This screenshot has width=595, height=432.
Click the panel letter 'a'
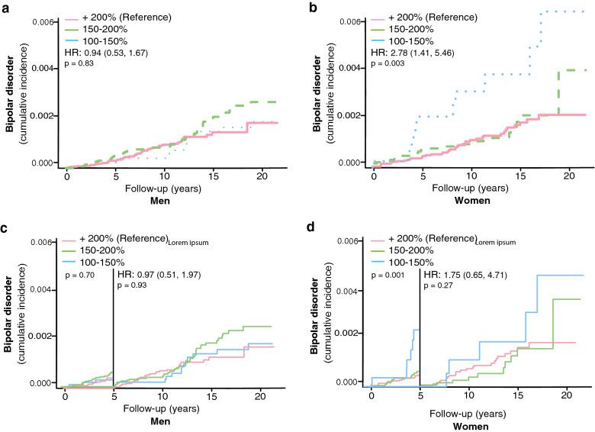[x=6, y=8]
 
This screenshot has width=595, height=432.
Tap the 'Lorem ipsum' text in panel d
[x=503, y=240]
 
